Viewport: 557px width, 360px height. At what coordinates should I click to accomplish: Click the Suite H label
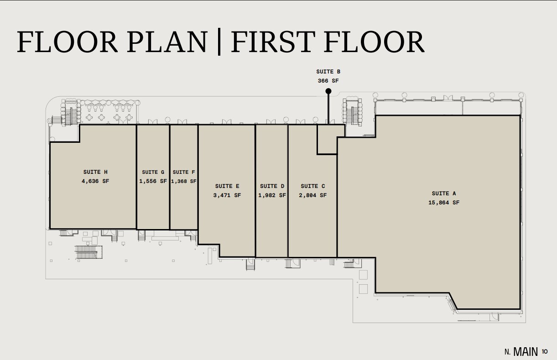[95, 172]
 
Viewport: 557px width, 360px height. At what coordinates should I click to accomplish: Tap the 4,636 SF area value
[95, 181]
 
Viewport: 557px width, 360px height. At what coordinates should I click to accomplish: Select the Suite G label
[153, 172]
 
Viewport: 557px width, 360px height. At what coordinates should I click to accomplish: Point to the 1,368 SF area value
[184, 181]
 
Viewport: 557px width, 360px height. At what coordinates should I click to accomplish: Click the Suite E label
[227, 186]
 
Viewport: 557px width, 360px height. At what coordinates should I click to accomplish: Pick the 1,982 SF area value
[272, 195]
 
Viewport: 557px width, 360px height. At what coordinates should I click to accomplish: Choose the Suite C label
[313, 186]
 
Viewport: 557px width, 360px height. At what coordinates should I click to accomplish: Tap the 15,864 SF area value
[444, 203]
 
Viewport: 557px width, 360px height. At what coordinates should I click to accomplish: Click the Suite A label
[444, 193]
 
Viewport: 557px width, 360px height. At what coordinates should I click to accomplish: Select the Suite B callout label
[328, 72]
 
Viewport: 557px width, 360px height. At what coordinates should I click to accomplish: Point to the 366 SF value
[328, 81]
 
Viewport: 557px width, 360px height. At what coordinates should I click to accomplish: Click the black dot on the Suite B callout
[328, 91]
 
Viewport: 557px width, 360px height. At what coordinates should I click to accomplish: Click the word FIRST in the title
[273, 42]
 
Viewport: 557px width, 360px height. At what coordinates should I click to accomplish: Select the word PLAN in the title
[167, 42]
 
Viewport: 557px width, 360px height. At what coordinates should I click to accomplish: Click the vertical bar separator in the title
[219, 42]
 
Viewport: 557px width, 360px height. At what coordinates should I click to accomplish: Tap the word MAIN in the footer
[526, 352]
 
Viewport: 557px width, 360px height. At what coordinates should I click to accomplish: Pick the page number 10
[545, 351]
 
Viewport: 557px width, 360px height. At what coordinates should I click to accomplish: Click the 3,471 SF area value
[227, 195]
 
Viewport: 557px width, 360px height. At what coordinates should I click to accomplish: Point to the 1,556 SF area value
[153, 181]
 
